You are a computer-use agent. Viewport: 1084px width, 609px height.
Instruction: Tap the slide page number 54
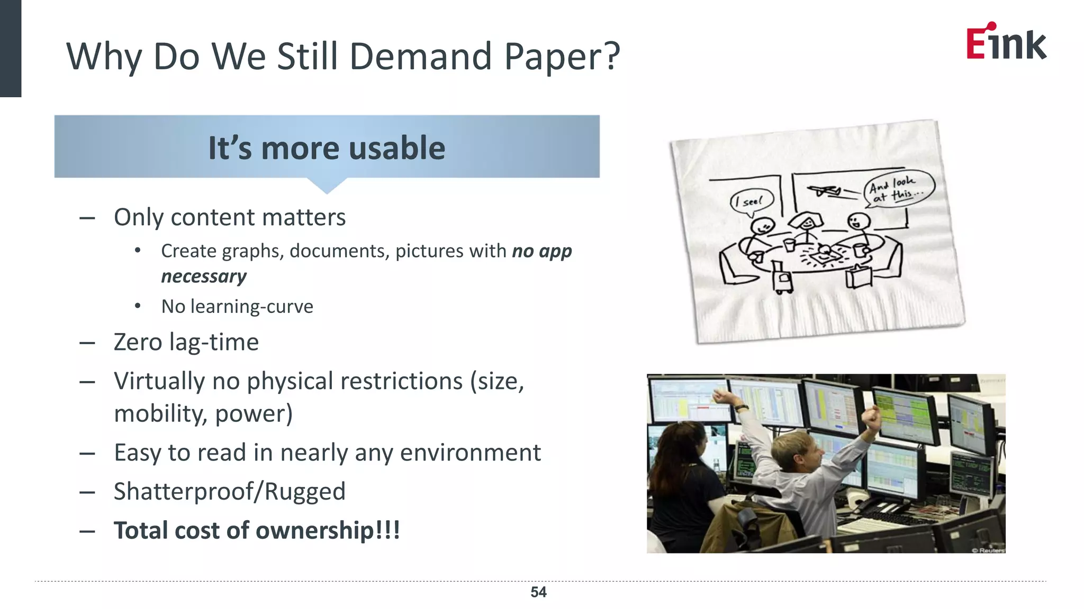[x=538, y=592]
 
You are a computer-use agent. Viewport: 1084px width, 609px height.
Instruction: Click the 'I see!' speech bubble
[x=752, y=201]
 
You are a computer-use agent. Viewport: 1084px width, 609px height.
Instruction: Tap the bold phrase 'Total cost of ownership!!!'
[x=257, y=530]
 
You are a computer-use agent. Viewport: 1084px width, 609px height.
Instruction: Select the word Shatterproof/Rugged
[x=229, y=491]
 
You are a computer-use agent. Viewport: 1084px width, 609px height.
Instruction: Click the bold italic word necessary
[x=204, y=276]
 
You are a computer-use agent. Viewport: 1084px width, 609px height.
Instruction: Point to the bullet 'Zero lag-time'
[x=186, y=342]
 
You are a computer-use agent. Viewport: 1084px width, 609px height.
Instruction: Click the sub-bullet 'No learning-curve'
[x=237, y=307]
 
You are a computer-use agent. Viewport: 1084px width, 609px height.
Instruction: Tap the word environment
[x=470, y=453]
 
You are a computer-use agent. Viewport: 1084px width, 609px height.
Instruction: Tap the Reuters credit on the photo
[x=988, y=550]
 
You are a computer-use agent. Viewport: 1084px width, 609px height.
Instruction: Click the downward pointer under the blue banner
[x=327, y=186]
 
